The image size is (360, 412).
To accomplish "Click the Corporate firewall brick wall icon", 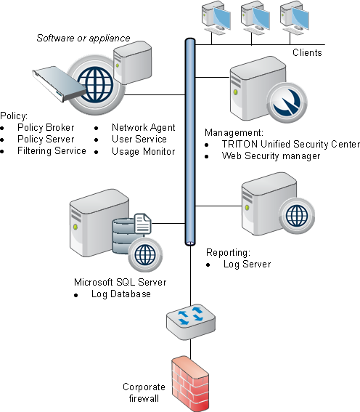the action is coord(190,384).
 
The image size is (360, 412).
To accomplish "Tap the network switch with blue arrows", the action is coord(191,322).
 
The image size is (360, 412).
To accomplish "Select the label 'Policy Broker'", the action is coord(46,127).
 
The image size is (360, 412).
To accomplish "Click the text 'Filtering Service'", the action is coord(52,151).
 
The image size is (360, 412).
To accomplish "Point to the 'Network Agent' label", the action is coord(143,127).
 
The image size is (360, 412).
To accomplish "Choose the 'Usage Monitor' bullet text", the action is coord(143,151).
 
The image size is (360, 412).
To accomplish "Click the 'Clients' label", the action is coord(307,52).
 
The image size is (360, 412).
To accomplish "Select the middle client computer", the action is coord(255,18).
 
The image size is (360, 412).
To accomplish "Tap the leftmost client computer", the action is coord(216,18).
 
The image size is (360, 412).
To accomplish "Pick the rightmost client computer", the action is coord(295,18).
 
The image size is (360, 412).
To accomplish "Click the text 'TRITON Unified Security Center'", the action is coord(291,145).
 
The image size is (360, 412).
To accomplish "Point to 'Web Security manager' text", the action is coord(271,155).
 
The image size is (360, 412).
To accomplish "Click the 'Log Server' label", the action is coord(247,264).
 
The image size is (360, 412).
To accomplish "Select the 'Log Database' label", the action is coord(121,294).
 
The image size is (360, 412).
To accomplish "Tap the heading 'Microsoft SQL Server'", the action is coord(120,282).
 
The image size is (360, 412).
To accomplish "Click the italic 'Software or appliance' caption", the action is coord(83,38).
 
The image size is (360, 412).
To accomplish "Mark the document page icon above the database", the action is coord(143,223).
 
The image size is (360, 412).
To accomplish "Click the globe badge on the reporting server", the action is coord(297,217).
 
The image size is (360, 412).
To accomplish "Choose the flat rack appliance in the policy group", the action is coord(60,84).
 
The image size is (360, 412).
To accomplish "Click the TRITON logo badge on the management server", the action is coord(286,102).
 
